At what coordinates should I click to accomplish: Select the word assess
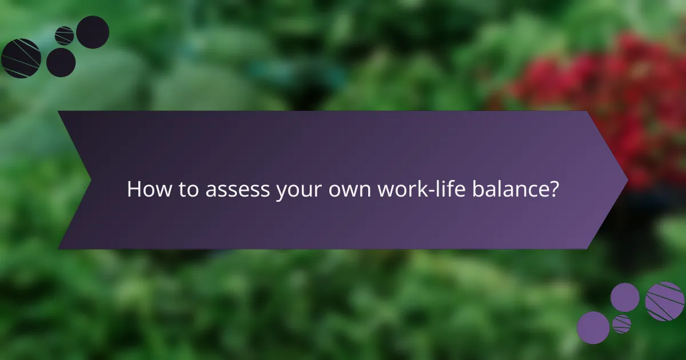click(232, 189)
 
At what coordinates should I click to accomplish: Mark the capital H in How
click(133, 189)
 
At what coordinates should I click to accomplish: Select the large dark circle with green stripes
click(21, 58)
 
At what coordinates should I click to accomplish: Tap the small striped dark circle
click(65, 35)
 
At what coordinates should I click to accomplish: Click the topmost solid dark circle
click(93, 32)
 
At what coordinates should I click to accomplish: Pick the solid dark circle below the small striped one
click(61, 62)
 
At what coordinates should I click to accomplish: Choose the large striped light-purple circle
click(665, 301)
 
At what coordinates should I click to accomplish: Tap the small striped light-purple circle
click(621, 324)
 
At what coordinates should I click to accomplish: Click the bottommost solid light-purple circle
click(593, 327)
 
